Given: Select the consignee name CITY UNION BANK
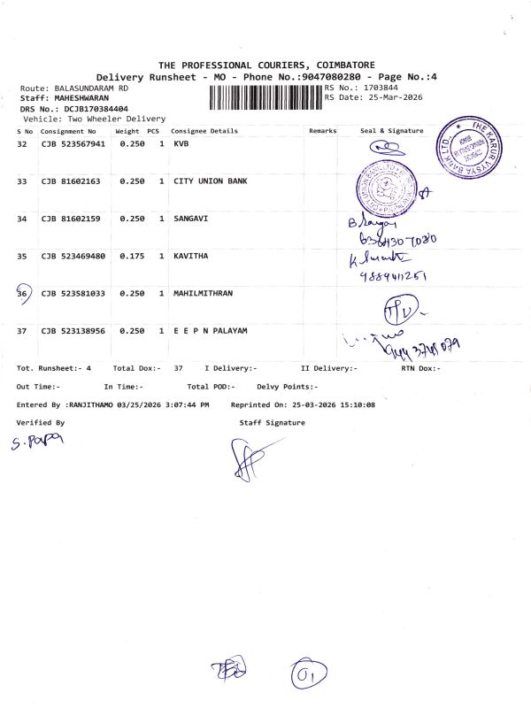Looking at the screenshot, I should click(x=211, y=181).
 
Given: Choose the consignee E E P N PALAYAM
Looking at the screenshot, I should click(x=210, y=330).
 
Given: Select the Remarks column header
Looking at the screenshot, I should click(x=323, y=131).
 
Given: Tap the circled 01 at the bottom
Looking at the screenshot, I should click(x=308, y=677).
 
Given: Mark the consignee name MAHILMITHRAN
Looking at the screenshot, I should click(x=206, y=293).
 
